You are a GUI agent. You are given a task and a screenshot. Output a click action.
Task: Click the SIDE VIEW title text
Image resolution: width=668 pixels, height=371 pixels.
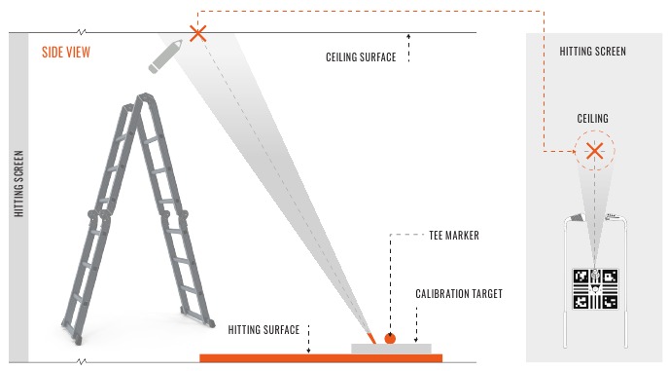(x=66, y=52)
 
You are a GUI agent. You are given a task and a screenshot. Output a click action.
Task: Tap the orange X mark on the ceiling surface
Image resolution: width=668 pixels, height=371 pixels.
(x=198, y=34)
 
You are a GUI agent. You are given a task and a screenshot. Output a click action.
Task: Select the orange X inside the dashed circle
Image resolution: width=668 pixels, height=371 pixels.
(x=594, y=151)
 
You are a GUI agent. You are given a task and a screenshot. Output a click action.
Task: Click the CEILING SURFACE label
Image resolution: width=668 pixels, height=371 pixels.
(x=361, y=57)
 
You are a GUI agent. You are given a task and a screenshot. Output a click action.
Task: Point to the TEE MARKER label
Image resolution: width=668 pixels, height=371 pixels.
(x=452, y=235)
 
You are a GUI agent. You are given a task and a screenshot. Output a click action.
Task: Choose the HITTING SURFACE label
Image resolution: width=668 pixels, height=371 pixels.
(x=263, y=330)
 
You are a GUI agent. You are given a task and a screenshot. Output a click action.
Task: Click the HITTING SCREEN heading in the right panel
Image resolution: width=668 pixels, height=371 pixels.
(x=593, y=51)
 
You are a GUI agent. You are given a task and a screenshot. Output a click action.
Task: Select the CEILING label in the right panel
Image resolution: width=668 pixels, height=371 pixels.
(x=593, y=119)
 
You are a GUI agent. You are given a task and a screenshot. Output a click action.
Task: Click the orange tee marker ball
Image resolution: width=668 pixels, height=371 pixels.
(x=390, y=339)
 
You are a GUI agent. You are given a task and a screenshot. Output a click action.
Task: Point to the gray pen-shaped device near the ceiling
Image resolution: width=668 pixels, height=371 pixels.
(x=166, y=56)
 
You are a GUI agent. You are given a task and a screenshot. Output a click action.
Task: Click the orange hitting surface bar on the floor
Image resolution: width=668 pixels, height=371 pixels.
(x=321, y=357)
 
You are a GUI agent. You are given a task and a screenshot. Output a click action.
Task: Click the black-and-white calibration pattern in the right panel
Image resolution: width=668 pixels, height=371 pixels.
(x=594, y=289)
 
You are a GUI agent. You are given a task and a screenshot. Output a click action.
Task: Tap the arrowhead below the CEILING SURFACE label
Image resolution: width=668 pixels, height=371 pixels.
(x=409, y=37)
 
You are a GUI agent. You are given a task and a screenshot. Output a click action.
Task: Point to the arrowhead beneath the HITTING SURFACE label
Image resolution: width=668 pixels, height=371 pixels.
(x=308, y=349)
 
